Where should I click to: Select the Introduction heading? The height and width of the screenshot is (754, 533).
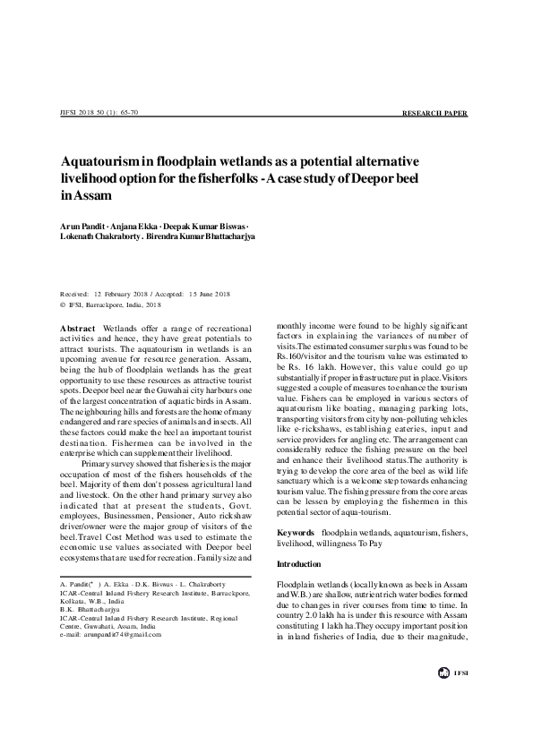(x=300, y=564)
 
